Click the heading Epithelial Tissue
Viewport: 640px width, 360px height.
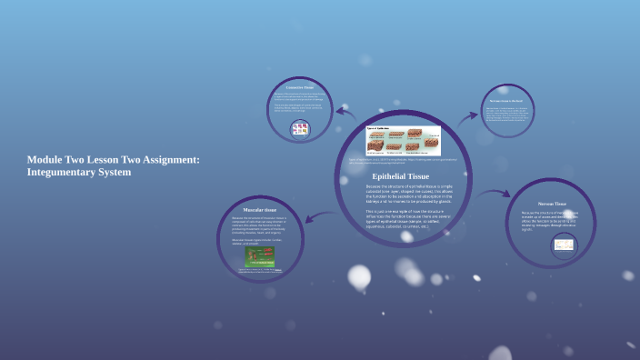401,176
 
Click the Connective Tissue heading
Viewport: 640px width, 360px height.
300,87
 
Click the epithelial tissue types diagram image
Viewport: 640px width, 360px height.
404,141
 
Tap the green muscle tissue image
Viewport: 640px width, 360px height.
258,257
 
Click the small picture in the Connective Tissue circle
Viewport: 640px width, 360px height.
300,129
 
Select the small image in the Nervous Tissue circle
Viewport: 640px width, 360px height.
564,244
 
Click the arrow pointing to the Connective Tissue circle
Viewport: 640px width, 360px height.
345,113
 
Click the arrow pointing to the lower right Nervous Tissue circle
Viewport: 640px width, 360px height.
495,193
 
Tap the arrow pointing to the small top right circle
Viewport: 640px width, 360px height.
469,117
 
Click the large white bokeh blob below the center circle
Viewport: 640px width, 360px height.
359,276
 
